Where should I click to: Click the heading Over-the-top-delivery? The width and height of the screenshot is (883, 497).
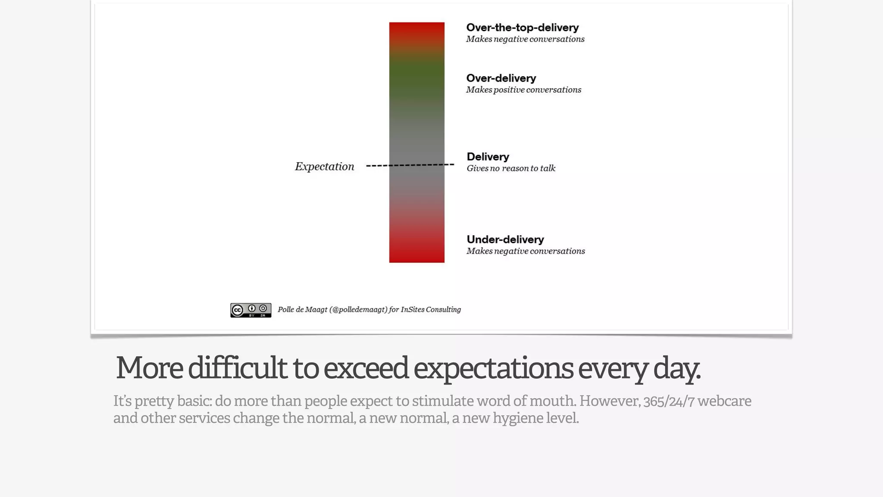coord(522,28)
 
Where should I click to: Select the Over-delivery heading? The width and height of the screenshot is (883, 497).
coord(501,79)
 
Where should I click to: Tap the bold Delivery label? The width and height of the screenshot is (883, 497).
coord(488,157)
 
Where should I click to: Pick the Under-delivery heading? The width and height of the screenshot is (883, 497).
coord(505,240)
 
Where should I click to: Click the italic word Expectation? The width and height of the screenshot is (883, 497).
coord(324,167)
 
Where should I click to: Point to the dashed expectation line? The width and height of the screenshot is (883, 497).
coord(410,165)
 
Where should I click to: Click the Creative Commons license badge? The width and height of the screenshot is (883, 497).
coord(250,310)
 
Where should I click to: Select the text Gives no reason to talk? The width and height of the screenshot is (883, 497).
coord(510,168)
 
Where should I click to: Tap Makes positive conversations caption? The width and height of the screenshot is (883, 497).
coord(523,90)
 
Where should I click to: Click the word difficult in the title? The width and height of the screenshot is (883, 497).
coord(237,368)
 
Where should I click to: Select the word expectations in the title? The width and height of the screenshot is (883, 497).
coord(493,368)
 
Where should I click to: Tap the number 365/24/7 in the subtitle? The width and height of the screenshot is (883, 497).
coord(669,401)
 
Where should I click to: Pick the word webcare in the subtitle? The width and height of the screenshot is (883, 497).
coord(724,401)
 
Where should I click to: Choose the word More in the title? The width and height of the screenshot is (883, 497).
coord(149,368)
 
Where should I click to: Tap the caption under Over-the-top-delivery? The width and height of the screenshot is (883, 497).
coord(525,39)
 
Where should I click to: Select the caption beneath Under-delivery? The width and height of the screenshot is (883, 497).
coord(526,251)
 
